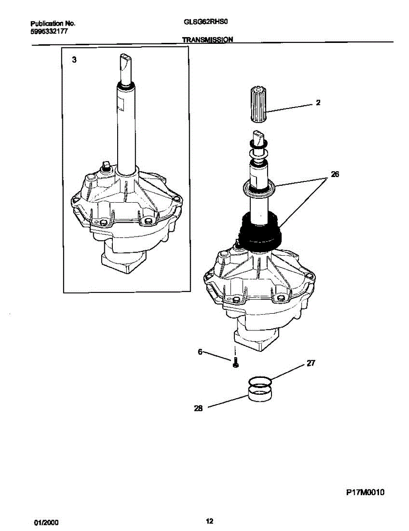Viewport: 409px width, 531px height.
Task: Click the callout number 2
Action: pyautogui.click(x=318, y=103)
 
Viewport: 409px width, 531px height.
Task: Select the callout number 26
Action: pyautogui.click(x=334, y=174)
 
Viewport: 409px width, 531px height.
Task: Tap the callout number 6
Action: pyautogui.click(x=200, y=352)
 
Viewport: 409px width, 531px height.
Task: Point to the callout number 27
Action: pyautogui.click(x=310, y=364)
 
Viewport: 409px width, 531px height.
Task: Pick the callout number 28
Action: pyautogui.click(x=198, y=409)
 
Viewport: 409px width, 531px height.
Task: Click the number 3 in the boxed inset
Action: pyautogui.click(x=74, y=60)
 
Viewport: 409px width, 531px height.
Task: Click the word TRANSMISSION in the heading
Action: pyautogui.click(x=207, y=39)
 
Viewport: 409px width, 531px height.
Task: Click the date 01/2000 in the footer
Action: pyautogui.click(x=46, y=522)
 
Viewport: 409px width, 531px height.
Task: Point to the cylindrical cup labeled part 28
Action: pyautogui.click(x=259, y=393)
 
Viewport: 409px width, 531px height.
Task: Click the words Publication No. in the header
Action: pyautogui.click(x=53, y=23)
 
